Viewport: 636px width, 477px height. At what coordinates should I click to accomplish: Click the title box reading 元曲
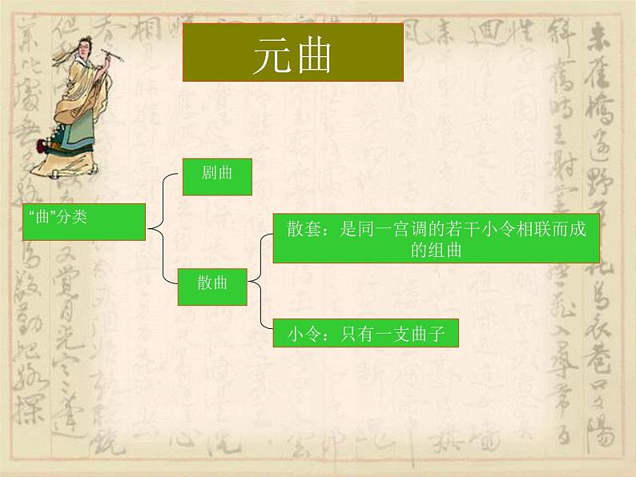click(x=292, y=52)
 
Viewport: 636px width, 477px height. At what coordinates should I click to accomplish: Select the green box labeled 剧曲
click(x=217, y=176)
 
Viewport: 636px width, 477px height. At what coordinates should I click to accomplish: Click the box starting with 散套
click(x=436, y=238)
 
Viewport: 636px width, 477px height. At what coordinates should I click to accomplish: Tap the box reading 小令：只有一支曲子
click(x=365, y=333)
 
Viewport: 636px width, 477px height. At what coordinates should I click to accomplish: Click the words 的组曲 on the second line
click(x=436, y=251)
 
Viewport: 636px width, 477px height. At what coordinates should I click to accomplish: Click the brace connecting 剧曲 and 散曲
click(x=164, y=230)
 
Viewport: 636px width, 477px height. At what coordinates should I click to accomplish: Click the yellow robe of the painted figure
click(x=80, y=96)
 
